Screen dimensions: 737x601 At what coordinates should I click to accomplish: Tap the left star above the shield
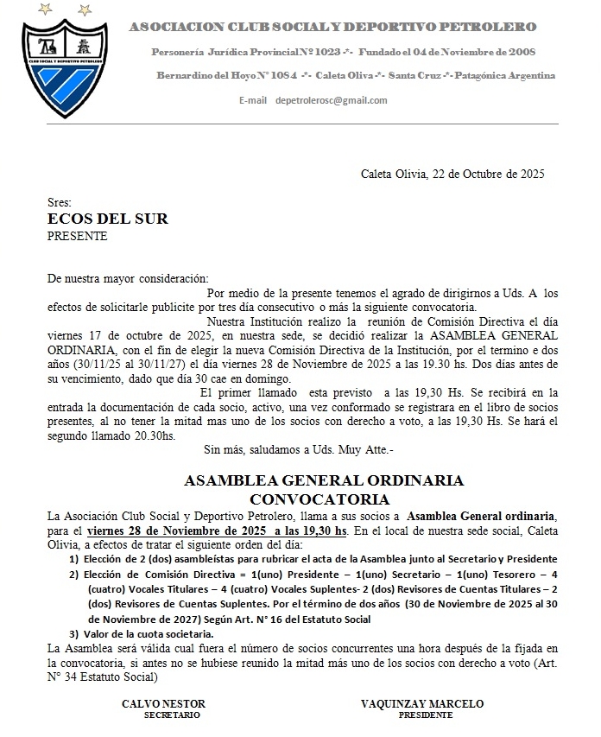[43, 10]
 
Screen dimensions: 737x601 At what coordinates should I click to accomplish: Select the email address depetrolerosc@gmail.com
[331, 100]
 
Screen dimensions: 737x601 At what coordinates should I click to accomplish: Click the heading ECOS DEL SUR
[107, 219]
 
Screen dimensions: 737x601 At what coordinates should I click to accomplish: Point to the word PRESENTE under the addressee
[77, 236]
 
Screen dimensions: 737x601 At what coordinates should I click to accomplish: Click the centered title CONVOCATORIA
[319, 499]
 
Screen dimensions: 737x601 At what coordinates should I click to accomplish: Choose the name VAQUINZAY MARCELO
[422, 703]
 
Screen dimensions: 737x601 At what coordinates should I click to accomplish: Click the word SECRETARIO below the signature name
[172, 715]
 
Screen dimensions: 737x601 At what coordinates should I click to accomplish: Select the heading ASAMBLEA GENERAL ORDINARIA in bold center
[324, 480]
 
